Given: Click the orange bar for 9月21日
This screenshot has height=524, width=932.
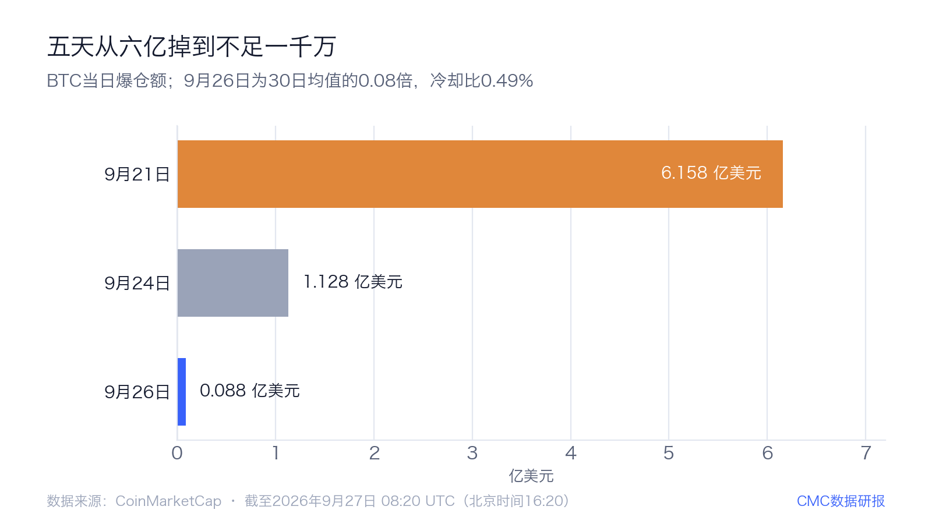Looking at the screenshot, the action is (480, 174).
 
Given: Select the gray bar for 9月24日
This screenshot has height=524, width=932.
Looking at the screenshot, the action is (233, 283).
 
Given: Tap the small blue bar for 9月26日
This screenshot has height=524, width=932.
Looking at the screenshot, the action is (182, 392).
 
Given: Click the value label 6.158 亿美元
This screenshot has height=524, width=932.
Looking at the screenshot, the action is (711, 173).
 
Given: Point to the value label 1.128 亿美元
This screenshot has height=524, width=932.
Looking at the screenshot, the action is (353, 282).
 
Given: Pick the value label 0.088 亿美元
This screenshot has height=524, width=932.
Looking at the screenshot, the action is (250, 391).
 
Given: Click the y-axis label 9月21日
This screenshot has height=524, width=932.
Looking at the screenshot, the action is (137, 174).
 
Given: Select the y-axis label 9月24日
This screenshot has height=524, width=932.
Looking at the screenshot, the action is (137, 283).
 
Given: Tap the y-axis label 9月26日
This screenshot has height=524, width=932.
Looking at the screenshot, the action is (137, 392).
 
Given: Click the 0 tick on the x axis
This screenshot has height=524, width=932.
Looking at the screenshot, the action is (177, 454).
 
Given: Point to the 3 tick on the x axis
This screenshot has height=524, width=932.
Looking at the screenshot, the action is (472, 454).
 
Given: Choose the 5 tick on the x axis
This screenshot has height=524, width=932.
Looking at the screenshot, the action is (669, 454).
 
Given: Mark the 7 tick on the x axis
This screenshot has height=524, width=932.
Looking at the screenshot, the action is (866, 454).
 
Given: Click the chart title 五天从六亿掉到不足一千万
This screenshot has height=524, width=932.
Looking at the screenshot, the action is (192, 46).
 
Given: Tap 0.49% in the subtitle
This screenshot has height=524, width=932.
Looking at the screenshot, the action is (507, 81).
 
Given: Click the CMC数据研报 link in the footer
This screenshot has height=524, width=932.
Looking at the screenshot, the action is (841, 501).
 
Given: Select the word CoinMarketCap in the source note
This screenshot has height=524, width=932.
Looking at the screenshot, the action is (168, 501).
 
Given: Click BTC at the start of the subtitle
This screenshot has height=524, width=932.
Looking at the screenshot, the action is (64, 81).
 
